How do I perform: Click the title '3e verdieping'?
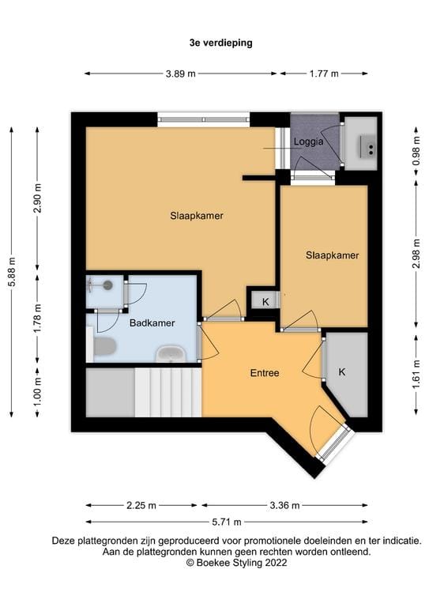point(221,43)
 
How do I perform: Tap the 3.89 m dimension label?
point(181,74)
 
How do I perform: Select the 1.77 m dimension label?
point(324,74)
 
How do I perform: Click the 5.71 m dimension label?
point(227,522)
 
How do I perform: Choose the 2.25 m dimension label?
point(141,505)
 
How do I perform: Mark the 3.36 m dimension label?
point(284,505)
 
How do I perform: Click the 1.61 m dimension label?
point(416,374)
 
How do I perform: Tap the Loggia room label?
point(308,141)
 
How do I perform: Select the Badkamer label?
point(152,322)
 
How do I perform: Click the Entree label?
point(265,373)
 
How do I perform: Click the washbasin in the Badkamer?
point(171,354)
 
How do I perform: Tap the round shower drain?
point(107,285)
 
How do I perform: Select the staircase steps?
point(168,393)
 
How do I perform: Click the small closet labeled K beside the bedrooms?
point(265,301)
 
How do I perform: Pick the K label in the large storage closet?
point(342,372)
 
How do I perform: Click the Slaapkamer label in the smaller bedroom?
point(333,255)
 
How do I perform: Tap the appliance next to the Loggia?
point(360,143)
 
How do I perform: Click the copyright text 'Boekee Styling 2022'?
point(242,563)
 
